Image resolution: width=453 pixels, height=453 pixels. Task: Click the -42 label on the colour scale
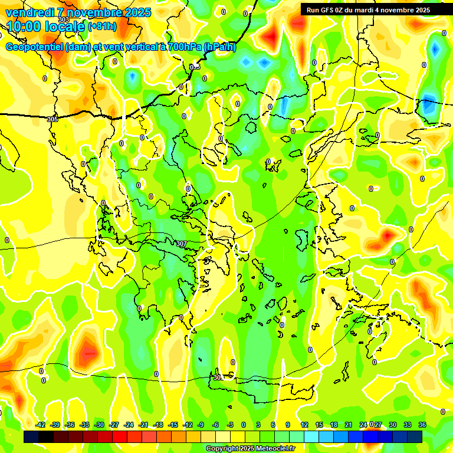[x=41, y=425]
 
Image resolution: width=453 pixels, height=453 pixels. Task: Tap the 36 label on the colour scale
[x=422, y=425]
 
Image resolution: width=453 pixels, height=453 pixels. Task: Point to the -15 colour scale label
[x=173, y=425]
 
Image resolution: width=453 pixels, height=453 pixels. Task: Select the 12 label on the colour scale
[x=304, y=425]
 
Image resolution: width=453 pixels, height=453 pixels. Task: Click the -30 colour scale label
[x=100, y=425]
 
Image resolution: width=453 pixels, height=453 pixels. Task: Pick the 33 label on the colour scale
[x=408, y=425]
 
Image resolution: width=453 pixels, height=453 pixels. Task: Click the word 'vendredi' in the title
[x=29, y=12]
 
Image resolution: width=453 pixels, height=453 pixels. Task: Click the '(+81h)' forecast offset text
[x=102, y=27]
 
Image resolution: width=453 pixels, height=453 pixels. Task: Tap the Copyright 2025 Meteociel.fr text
[x=250, y=449]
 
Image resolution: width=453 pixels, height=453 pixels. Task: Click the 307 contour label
[x=182, y=244]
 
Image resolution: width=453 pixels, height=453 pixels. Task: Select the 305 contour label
[x=52, y=119]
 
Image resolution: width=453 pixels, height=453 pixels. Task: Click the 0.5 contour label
[x=195, y=67]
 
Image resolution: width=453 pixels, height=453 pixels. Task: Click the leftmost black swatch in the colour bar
[x=31, y=437]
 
